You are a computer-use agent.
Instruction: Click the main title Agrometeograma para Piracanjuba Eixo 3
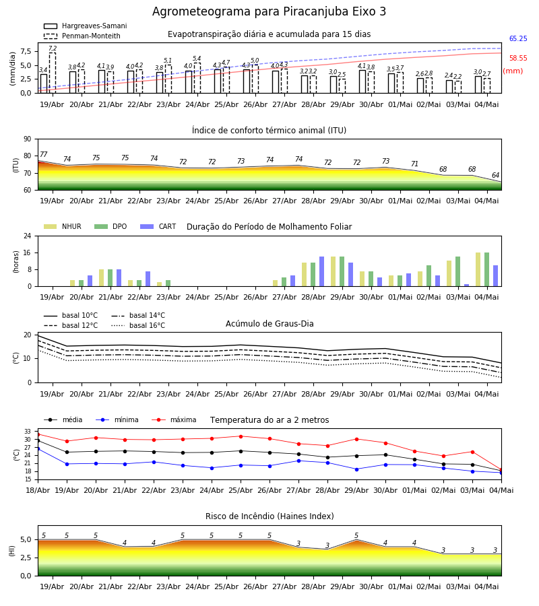269,11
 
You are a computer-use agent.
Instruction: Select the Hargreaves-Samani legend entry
85,26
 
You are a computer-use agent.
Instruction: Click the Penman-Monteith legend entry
82,36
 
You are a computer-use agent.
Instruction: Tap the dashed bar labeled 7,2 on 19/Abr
53,73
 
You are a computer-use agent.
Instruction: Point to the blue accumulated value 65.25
518,38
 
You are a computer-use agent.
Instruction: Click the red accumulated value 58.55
518,59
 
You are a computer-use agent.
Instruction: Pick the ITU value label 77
43,155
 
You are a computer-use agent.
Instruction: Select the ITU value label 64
495,176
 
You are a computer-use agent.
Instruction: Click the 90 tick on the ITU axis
28,139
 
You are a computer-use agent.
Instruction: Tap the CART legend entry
158,226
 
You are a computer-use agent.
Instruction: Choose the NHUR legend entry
63,226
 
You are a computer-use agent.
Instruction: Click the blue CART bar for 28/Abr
321,271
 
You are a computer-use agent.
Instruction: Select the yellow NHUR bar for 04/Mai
478,269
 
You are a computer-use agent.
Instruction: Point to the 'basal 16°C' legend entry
138,325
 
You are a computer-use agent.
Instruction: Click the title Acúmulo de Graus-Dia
269,324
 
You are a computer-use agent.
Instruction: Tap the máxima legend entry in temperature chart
174,419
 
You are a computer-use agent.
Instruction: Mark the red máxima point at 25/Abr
241,436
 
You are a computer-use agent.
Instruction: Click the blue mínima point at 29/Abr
356,469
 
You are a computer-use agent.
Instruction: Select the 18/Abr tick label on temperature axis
38,490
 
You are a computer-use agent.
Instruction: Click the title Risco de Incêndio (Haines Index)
269,516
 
